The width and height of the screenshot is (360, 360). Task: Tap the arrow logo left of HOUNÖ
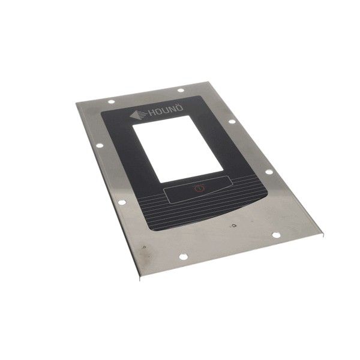[137, 115]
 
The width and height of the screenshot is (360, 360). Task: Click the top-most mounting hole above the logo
[180, 91]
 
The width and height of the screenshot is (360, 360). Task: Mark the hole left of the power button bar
[121, 202]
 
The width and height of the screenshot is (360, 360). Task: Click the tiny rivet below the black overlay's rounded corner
[232, 226]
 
